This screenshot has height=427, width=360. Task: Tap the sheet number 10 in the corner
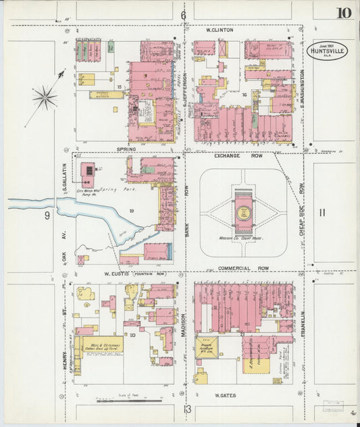point(343,13)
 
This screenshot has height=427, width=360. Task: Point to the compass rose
point(45,97)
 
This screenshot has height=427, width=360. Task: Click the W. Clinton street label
point(220,30)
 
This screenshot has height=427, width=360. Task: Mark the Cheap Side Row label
point(302,196)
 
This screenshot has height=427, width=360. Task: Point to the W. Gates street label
point(225,395)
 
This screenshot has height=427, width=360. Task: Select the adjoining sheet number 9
point(47,216)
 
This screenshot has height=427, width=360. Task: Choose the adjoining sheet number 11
point(322,213)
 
